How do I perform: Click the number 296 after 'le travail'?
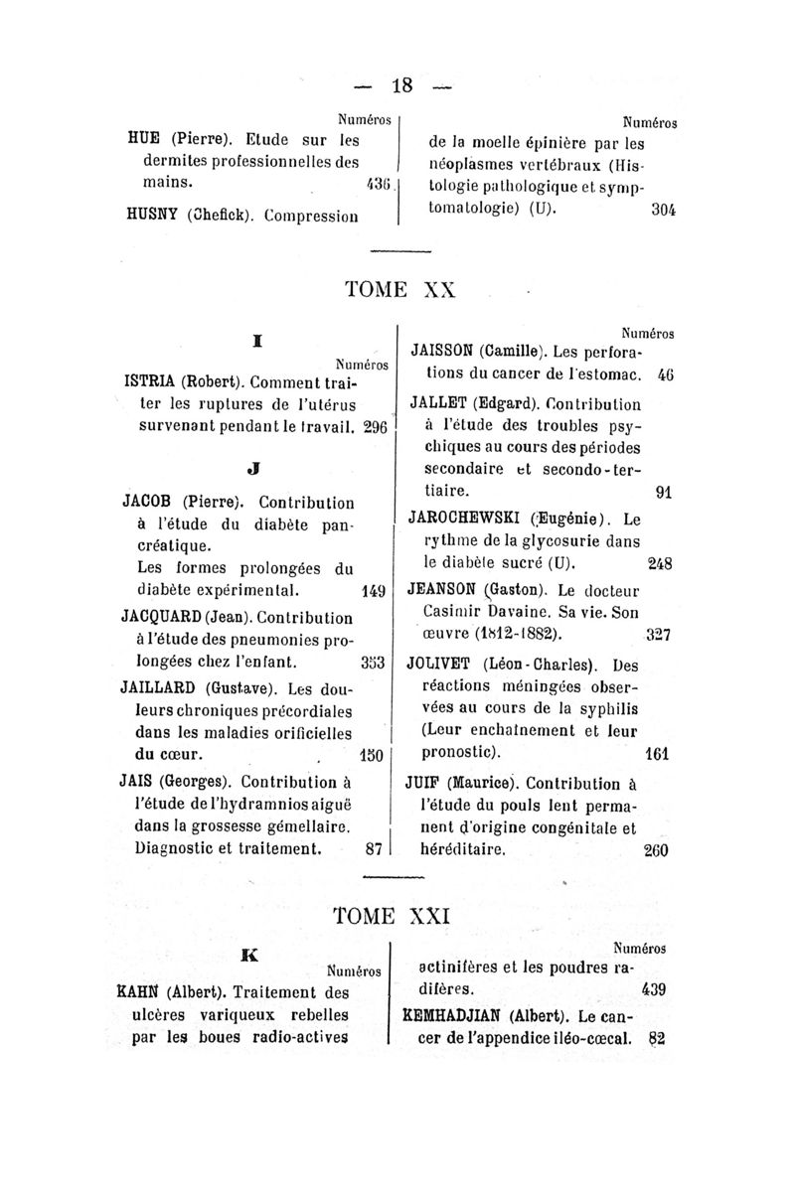[374, 428]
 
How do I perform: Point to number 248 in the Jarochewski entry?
[661, 562]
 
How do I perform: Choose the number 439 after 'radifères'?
[654, 989]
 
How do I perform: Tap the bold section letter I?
[256, 341]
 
